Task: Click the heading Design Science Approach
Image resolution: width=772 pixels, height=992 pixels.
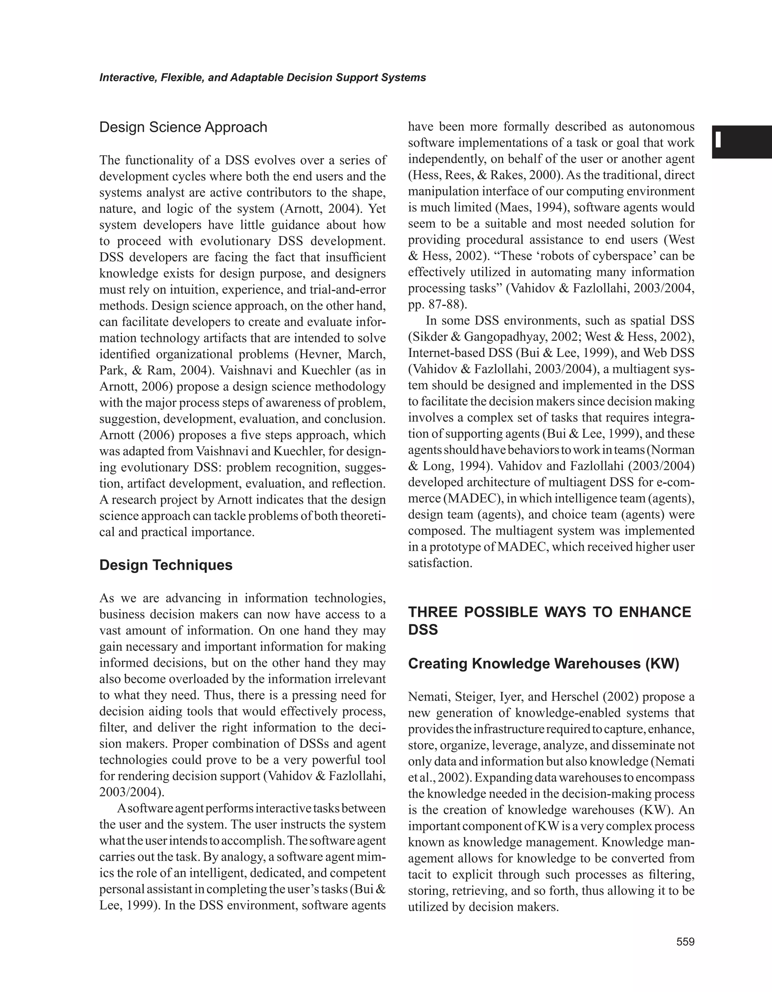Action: coord(183,127)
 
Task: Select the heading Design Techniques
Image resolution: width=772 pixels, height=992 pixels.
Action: coord(166,565)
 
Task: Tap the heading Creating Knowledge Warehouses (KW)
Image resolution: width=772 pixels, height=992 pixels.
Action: coord(544,664)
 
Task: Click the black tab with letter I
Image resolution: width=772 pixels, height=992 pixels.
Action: coord(741,141)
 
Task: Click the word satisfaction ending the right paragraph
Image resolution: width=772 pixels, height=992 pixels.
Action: coord(438,563)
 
